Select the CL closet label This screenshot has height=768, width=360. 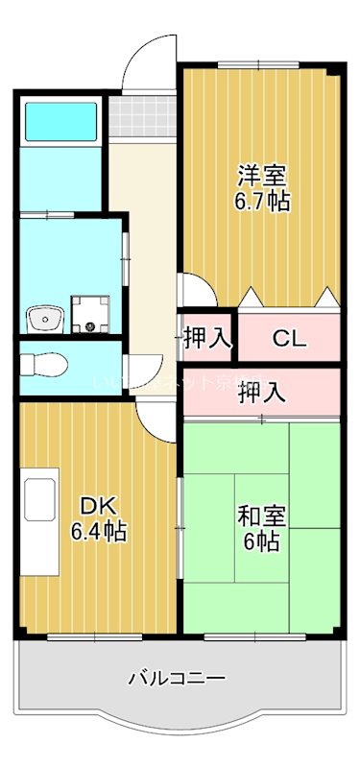click(287, 338)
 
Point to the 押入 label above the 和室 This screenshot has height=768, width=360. click(261, 392)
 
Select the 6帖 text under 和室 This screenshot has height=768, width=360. click(259, 540)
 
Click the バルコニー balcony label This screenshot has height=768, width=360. click(178, 679)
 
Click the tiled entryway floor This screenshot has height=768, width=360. click(142, 115)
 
